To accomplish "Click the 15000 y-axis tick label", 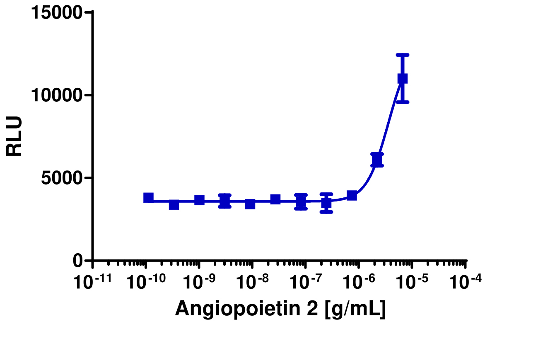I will pos(57,13).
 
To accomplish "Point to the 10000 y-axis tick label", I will pos(57,96).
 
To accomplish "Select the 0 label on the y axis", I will pos(78,261).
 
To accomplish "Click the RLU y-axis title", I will pos(14,137).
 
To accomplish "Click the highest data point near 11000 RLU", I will pos(402,78).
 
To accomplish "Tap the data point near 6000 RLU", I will pos(377,159).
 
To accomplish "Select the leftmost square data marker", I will pos(148,197).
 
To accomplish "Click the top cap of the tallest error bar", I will pos(402,55).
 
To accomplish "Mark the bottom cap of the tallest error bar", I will pos(402,102).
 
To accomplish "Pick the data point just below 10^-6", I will pos(352,195).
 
